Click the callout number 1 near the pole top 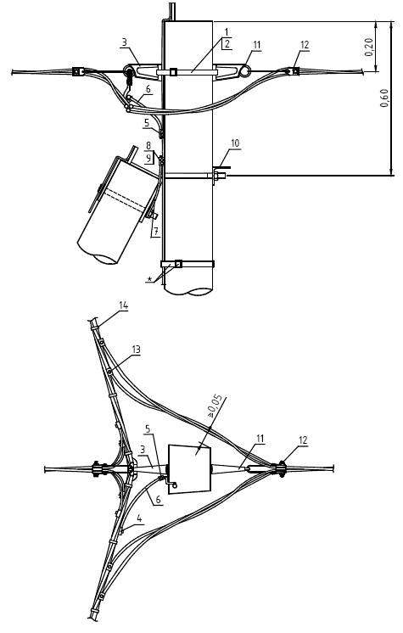[227, 32]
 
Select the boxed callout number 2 [227, 43]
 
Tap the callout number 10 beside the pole [235, 143]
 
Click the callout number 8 [148, 145]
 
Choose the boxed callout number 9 [148, 158]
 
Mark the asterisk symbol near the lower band [150, 279]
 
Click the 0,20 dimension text [369, 48]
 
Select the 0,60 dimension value [384, 98]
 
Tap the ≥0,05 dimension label [215, 405]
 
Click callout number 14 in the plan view [123, 305]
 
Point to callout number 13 [136, 350]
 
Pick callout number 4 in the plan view [139, 518]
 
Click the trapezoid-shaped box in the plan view [189, 468]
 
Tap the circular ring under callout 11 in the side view [244, 70]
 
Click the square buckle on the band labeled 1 [173, 72]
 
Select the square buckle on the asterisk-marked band [178, 264]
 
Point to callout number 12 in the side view [305, 44]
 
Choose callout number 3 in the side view [125, 42]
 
